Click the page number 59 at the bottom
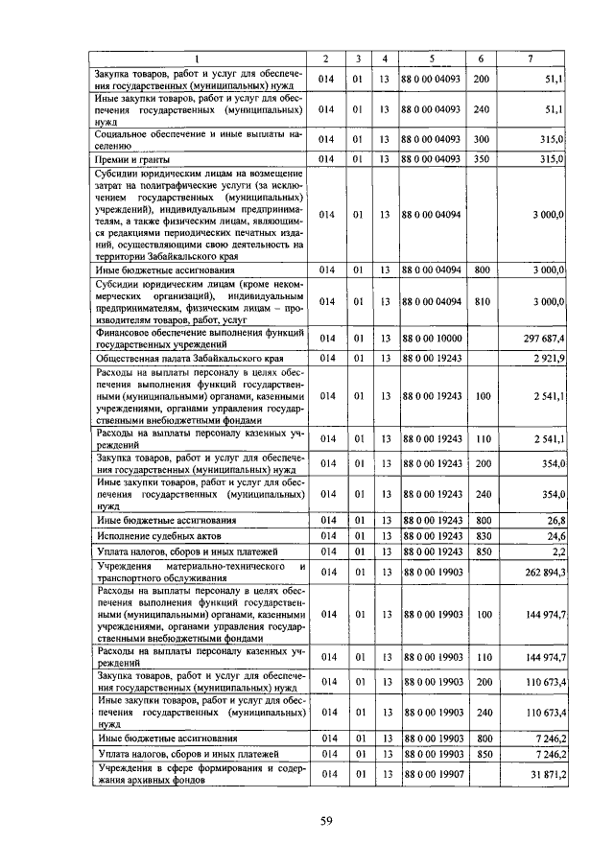[x=326, y=819]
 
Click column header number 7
[x=531, y=59]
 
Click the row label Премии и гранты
[x=130, y=158]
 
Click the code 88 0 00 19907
[x=434, y=774]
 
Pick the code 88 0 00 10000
[x=434, y=339]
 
